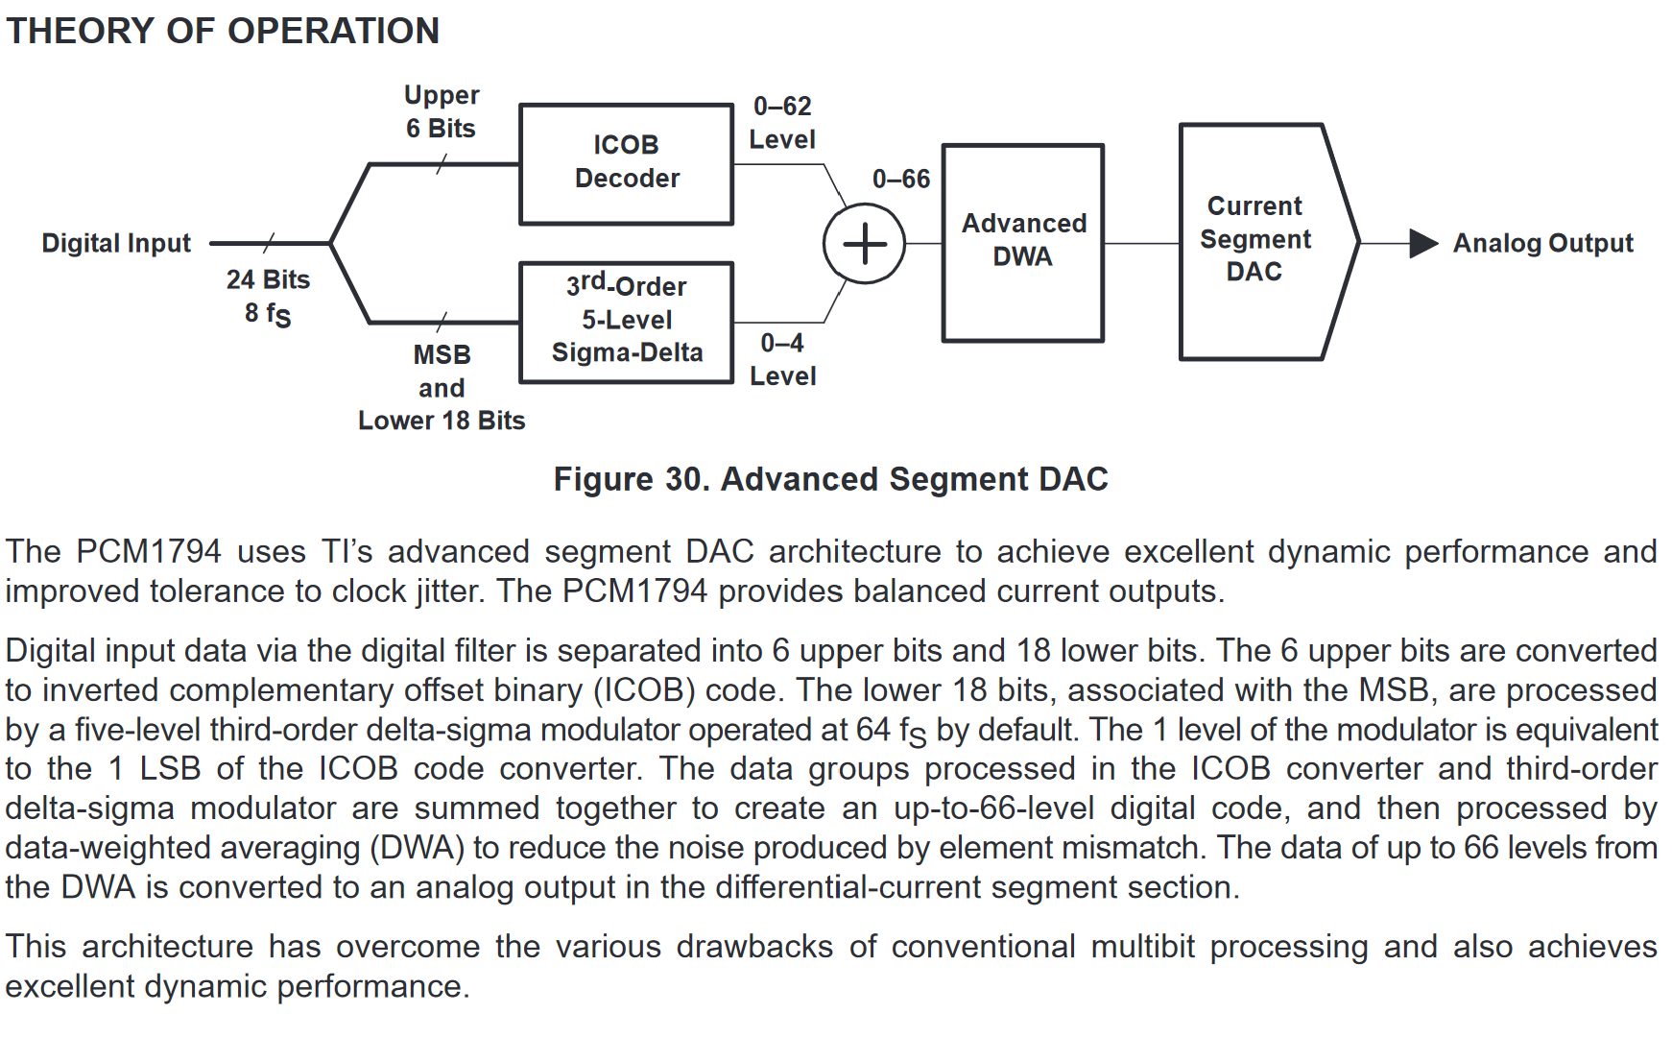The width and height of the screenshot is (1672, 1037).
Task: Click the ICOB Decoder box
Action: point(626,163)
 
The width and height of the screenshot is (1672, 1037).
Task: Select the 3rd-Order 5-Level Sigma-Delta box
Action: point(626,322)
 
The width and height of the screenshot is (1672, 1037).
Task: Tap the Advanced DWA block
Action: point(1023,242)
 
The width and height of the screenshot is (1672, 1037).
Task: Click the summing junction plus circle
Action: point(864,243)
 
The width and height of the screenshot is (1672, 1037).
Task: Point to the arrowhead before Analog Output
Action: point(1422,243)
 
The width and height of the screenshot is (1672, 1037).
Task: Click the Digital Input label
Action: point(116,243)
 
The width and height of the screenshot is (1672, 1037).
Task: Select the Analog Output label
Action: point(1542,243)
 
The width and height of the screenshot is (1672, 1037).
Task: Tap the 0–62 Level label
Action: point(782,122)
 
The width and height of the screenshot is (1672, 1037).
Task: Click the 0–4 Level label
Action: point(782,359)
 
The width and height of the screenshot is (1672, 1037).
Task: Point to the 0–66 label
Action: point(901,179)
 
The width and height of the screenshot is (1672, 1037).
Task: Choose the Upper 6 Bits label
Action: point(441,111)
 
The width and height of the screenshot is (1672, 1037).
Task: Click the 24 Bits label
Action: point(268,279)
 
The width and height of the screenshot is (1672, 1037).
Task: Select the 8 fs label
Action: point(268,314)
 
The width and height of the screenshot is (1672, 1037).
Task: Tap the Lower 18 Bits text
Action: point(442,421)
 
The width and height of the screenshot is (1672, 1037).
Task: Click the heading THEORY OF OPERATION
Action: point(223,31)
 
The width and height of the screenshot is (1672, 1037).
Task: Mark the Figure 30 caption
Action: point(830,478)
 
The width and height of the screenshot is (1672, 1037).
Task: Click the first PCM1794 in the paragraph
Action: point(149,551)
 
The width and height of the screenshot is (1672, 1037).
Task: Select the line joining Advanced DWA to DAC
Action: point(1141,243)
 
